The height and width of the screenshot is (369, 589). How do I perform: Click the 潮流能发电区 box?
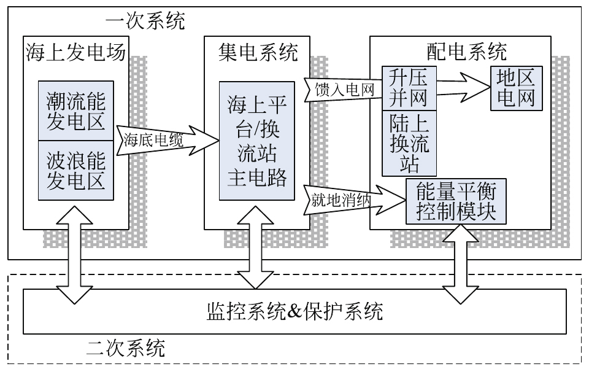pyautogui.click(x=76, y=110)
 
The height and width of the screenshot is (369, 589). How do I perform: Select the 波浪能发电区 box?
pyautogui.click(x=76, y=169)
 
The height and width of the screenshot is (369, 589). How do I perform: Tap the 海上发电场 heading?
pyautogui.click(x=76, y=53)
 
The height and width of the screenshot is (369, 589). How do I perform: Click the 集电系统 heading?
pyautogui.click(x=258, y=53)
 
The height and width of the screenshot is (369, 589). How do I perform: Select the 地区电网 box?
pyautogui.click(x=515, y=87)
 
